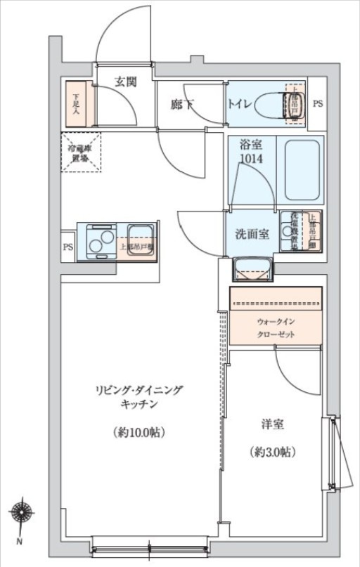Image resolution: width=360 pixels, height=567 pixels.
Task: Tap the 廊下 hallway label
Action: click(x=181, y=105)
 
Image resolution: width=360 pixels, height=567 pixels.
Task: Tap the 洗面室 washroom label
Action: click(x=251, y=235)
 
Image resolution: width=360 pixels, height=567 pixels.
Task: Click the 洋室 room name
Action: click(x=272, y=425)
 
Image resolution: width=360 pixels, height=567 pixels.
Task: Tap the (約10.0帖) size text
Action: click(x=138, y=432)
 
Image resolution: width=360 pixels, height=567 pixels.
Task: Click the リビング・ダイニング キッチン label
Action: click(x=138, y=397)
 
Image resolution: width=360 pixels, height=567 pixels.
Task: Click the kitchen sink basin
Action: click(x=139, y=233)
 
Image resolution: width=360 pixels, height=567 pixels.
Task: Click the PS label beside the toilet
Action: click(x=318, y=105)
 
